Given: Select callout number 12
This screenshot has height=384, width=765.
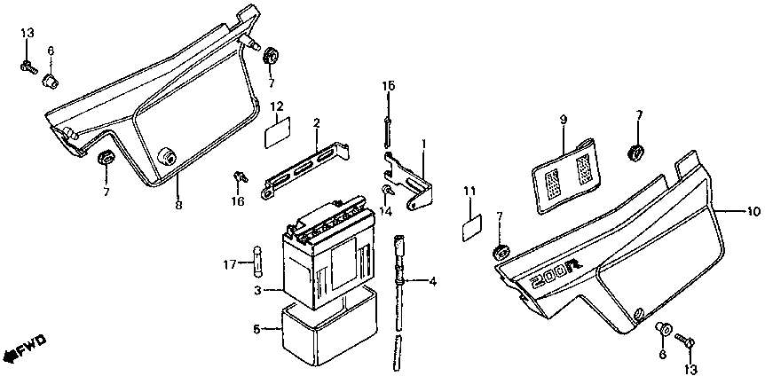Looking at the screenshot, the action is click(x=277, y=106).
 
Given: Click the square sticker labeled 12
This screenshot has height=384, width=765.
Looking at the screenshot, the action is click(x=277, y=131).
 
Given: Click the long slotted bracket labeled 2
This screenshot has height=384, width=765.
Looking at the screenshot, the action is click(x=306, y=169).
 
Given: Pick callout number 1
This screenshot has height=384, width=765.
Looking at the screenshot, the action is click(x=424, y=145).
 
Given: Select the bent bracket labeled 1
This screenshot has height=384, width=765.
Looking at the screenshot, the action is click(x=409, y=180).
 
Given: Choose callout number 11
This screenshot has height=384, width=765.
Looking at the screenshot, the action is click(x=469, y=191).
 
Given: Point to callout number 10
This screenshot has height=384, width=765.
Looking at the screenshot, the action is click(x=753, y=211).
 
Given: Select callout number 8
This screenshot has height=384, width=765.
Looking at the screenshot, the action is click(x=178, y=205).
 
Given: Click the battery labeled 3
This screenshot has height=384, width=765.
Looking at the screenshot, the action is click(x=330, y=253).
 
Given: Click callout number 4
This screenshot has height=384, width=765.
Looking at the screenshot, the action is click(x=432, y=281).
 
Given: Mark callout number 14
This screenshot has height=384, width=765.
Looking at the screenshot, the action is click(x=386, y=211).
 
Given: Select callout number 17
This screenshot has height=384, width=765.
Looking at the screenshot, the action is click(x=230, y=265).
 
